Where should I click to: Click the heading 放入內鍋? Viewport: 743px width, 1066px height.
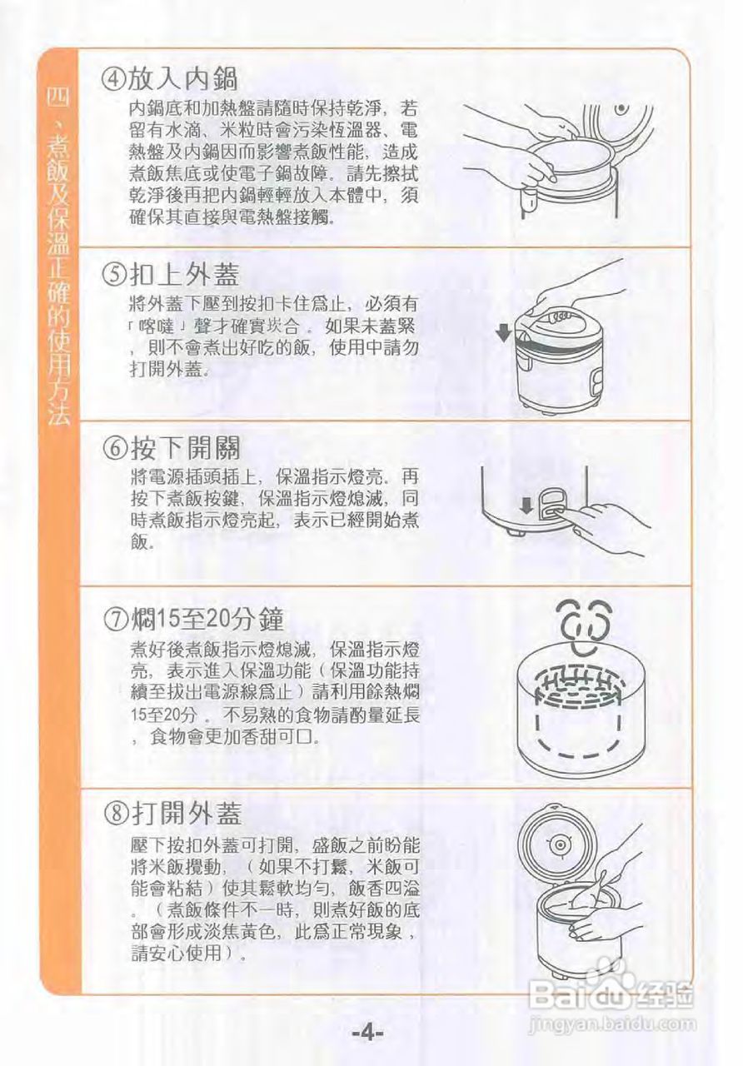pos(182,79)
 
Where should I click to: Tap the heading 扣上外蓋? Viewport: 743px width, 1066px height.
pos(185,274)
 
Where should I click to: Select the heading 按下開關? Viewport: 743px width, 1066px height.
pos(186,447)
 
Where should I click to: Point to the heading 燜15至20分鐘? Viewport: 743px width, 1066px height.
pos(207,619)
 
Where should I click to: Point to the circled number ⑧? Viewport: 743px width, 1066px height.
pos(118,814)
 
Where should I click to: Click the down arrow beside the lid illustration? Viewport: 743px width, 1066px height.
pos(502,335)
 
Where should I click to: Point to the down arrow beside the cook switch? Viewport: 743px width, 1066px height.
pos(526,506)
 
